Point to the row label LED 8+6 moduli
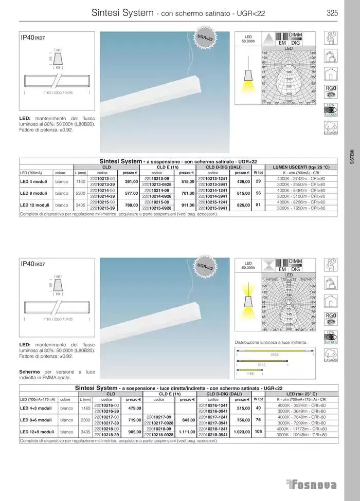click(35, 419)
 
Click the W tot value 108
click(258, 432)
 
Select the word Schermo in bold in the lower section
click(30, 371)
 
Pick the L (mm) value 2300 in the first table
click(80, 193)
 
